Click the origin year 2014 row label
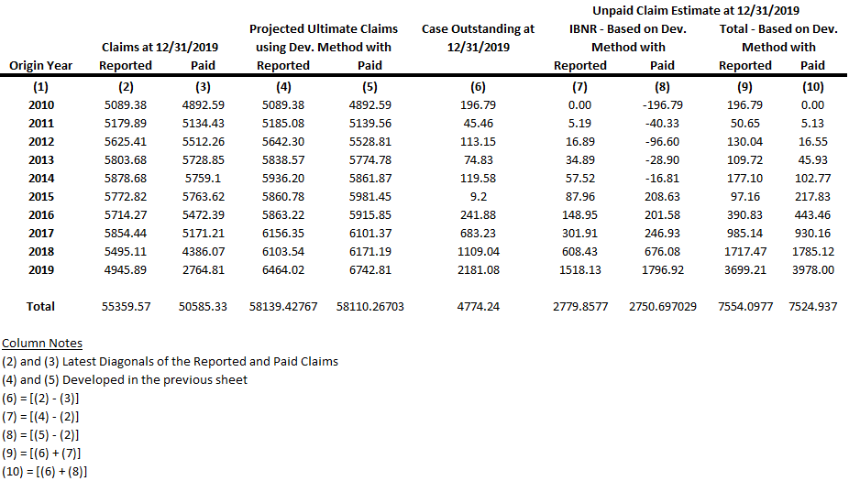(41, 178)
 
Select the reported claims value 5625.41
(126, 141)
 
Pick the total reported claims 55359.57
(126, 306)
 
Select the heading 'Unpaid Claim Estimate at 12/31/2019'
(695, 11)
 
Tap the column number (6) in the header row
(478, 87)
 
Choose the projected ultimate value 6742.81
(370, 269)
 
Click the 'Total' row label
(41, 306)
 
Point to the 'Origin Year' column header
(41, 65)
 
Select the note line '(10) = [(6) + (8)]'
(45, 472)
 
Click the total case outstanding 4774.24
(478, 306)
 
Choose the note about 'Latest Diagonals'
(170, 361)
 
